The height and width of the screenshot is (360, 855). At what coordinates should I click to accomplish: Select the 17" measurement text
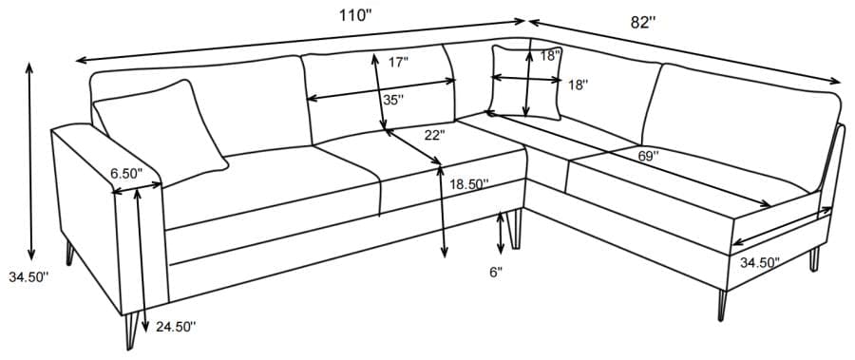398,63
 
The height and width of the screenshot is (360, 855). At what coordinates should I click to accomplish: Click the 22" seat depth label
434,135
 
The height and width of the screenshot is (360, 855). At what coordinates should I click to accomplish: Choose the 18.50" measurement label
468,184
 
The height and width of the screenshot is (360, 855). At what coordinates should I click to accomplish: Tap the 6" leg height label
495,273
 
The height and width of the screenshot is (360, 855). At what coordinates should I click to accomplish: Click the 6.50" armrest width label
125,173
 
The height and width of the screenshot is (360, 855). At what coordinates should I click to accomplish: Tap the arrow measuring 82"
684,49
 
